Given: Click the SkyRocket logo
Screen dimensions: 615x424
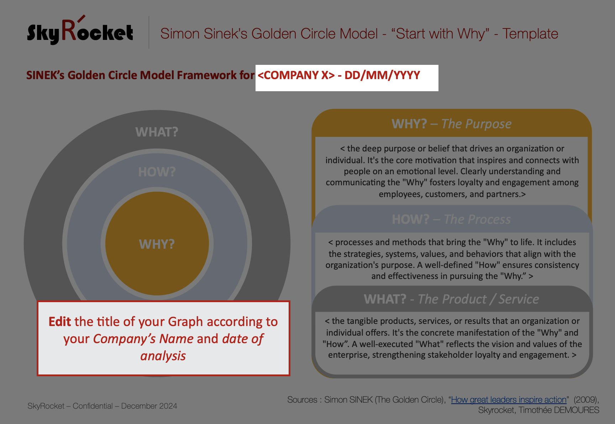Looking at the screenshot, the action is point(80,31).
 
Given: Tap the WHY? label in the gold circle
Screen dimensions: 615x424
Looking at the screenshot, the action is point(157,244).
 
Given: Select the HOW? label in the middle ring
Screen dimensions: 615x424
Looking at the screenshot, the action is point(157,172).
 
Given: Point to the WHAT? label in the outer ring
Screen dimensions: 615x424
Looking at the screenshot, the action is point(157,132).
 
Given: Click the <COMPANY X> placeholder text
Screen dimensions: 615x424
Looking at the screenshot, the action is point(296,75).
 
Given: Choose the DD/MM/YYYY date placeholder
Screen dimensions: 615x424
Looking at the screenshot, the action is point(382,75).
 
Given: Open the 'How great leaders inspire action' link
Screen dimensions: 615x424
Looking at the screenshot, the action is point(509,400).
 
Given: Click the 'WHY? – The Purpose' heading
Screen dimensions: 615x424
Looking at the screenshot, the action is point(451,124).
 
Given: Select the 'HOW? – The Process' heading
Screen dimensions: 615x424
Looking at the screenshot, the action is point(451,219).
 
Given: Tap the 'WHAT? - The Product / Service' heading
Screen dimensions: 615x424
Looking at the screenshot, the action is point(451,299).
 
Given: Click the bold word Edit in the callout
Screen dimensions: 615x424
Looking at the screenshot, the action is point(60,321).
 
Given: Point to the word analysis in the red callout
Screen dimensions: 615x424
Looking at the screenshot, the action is point(163,356).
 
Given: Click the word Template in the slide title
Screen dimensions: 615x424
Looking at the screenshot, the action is point(530,34).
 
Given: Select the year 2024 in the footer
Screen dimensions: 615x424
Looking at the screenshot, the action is point(168,406).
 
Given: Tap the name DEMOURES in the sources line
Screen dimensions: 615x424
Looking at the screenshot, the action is point(577,410).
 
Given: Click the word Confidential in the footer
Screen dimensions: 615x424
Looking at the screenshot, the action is point(93,406).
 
